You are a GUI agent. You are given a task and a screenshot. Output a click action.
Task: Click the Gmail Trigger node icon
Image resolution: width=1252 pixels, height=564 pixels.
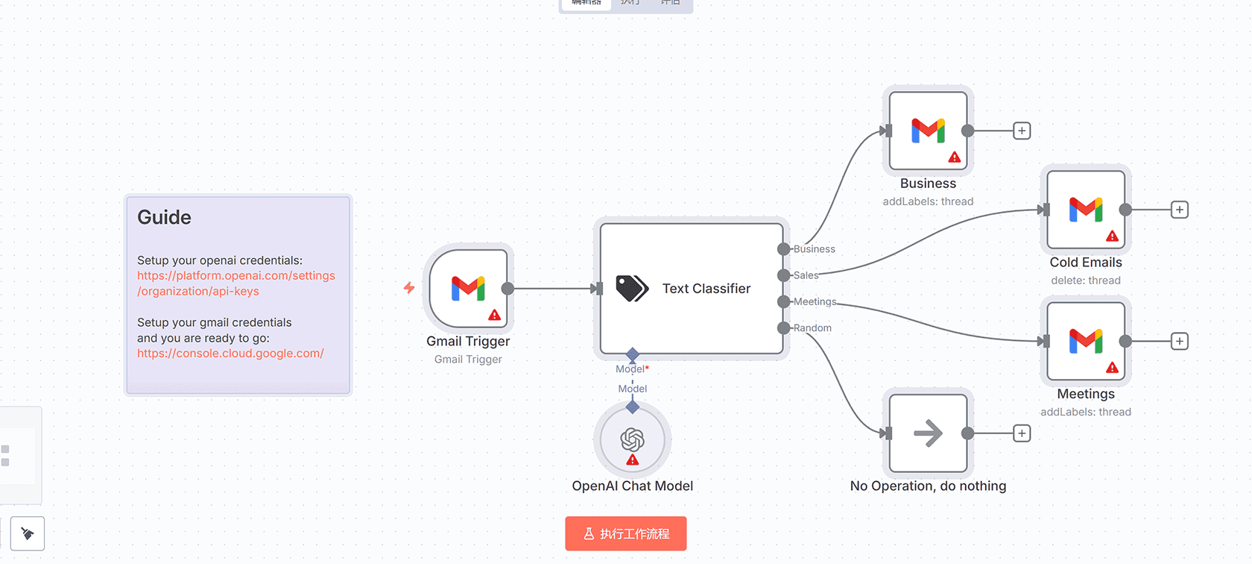468,288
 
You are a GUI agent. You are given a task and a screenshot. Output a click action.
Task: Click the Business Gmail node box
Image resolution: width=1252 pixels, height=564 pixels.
928,131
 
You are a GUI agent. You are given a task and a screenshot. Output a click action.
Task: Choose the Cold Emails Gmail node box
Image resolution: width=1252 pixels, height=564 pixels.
1085,210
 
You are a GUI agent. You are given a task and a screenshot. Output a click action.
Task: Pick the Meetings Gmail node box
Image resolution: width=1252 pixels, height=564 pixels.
1085,341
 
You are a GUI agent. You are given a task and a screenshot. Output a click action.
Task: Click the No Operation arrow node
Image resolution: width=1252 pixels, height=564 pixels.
928,433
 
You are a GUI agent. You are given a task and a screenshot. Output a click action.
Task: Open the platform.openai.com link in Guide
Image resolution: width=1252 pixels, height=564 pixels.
235,276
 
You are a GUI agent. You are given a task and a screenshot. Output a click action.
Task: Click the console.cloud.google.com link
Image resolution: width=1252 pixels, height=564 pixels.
230,354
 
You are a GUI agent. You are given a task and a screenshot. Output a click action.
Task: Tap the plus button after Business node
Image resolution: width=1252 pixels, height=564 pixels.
1022,131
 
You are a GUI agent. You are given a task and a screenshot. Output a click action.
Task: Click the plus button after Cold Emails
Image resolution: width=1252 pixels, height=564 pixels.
1179,210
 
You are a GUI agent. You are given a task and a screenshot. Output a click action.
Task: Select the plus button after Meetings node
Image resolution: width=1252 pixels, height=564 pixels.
1179,341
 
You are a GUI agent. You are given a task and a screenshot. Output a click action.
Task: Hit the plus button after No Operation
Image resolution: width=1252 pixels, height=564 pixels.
1022,433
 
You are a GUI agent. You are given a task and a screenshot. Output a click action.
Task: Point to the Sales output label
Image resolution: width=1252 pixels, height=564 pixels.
806,275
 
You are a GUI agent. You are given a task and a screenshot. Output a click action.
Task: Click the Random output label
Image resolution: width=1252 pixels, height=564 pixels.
812,328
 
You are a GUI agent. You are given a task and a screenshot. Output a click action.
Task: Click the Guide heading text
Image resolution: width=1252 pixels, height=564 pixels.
164,217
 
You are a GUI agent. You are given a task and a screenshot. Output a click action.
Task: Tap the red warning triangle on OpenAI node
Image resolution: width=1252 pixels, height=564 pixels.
633,460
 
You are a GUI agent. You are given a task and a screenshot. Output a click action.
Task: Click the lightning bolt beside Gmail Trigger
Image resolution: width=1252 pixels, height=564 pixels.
409,288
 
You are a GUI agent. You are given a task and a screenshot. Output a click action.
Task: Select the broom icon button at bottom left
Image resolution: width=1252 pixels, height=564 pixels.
28,533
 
